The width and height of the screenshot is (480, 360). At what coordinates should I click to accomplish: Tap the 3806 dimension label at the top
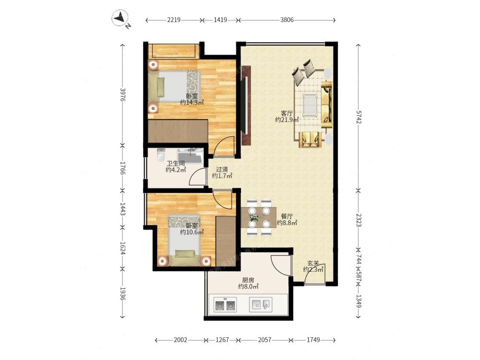(287, 20)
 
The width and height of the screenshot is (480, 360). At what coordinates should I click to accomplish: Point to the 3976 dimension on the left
(122, 95)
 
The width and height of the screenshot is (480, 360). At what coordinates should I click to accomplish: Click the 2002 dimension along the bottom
(180, 340)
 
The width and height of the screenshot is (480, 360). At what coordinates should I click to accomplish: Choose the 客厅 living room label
(287, 113)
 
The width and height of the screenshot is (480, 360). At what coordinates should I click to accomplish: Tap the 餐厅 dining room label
(287, 216)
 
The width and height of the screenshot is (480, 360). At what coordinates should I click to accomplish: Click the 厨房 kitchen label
(248, 280)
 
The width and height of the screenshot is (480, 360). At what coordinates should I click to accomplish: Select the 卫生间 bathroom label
(176, 164)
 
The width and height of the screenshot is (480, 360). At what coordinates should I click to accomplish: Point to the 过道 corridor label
(222, 169)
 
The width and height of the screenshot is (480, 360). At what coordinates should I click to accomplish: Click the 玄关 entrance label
(313, 263)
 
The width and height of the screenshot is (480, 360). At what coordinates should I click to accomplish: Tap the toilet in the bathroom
(160, 155)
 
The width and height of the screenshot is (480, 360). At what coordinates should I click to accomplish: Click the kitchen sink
(261, 305)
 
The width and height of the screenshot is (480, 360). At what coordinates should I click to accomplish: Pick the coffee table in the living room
(310, 105)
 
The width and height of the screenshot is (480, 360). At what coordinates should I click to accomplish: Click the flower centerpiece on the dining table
(253, 217)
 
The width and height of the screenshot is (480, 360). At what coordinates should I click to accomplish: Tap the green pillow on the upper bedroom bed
(160, 87)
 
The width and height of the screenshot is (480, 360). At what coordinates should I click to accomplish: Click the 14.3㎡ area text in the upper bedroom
(192, 103)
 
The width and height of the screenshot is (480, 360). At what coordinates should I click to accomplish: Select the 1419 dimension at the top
(220, 20)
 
